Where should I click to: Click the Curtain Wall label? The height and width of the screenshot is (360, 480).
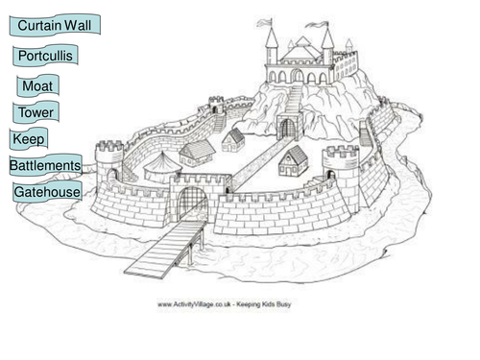55,25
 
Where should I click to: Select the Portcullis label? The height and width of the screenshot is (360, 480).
45,56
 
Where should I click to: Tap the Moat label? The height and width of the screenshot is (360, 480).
37,85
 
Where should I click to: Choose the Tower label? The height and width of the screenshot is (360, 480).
36,112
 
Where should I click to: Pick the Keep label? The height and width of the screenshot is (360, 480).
29,139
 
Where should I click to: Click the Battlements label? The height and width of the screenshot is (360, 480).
45,165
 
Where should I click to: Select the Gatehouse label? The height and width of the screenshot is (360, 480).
47,192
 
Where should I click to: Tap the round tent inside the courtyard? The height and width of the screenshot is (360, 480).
162,167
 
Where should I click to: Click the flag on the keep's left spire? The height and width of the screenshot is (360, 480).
265,22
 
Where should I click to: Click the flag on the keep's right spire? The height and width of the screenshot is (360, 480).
318,25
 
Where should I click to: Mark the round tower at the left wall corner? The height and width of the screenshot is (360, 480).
109,164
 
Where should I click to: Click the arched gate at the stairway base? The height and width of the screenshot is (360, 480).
288,127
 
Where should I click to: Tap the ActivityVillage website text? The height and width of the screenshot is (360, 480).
225,304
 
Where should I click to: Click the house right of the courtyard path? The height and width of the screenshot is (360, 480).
293,161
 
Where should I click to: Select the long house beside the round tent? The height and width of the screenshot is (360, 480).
197,153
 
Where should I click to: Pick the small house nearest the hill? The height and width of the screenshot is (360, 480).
233,140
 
